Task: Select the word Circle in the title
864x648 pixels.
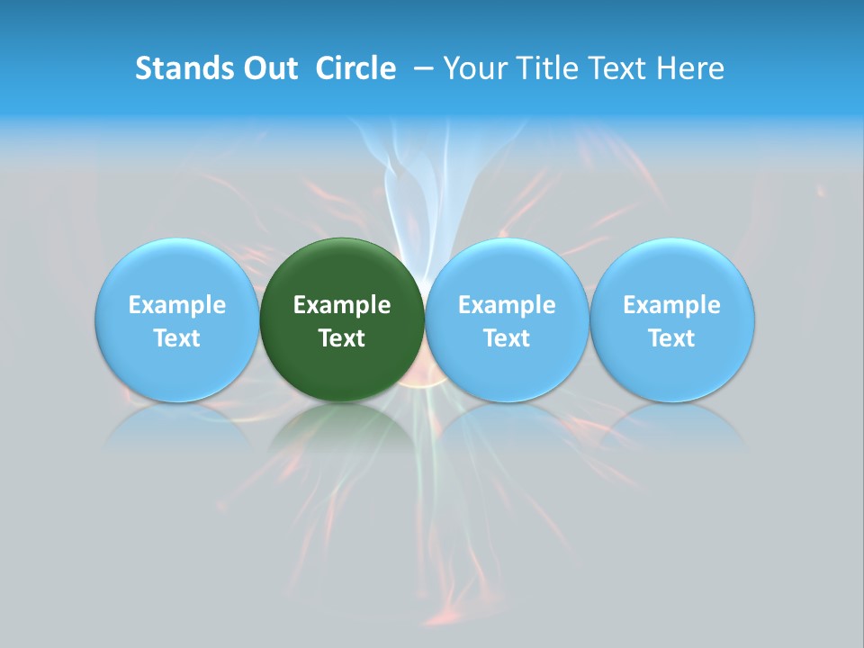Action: click(355, 68)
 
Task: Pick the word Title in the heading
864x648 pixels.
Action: click(541, 68)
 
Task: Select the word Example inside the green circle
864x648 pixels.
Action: click(342, 305)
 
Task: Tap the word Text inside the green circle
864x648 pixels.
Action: click(342, 338)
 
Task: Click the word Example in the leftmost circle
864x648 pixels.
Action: click(176, 305)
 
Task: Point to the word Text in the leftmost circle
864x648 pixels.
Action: click(176, 338)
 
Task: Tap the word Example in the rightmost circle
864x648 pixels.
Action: click(671, 305)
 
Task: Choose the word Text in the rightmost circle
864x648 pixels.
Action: click(671, 338)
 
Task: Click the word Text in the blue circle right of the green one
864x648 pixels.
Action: click(507, 338)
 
